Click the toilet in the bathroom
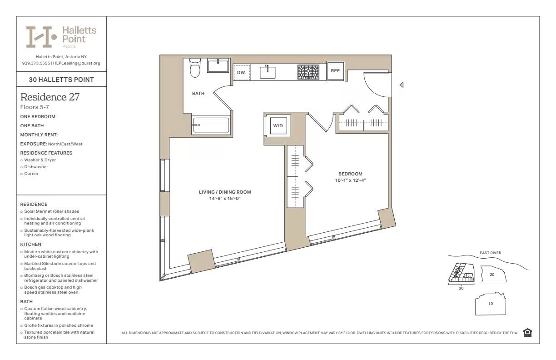195,68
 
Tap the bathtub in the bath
211,125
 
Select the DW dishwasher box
242,73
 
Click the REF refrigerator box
335,71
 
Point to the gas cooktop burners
308,72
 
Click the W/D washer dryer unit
278,125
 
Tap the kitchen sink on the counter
268,72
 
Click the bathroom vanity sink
218,65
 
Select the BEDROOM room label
350,174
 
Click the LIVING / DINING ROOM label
225,192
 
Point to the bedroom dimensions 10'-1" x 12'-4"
350,180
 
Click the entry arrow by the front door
401,85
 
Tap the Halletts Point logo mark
41,37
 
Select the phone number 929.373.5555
36,63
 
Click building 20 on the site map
491,275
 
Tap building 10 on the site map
490,304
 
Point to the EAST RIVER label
490,253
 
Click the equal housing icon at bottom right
527,333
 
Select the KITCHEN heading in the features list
30,245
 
